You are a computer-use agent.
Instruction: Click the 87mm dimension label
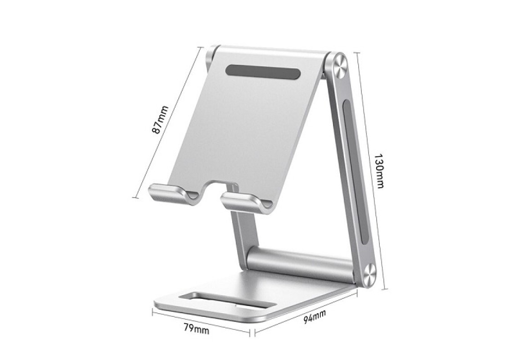pyautogui.click(x=160, y=120)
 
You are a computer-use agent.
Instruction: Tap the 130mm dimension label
pyautogui.click(x=379, y=171)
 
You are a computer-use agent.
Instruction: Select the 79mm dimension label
pyautogui.click(x=197, y=329)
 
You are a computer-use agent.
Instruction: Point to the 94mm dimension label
pyautogui.click(x=315, y=316)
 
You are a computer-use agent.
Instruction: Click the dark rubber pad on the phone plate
pyautogui.click(x=263, y=72)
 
